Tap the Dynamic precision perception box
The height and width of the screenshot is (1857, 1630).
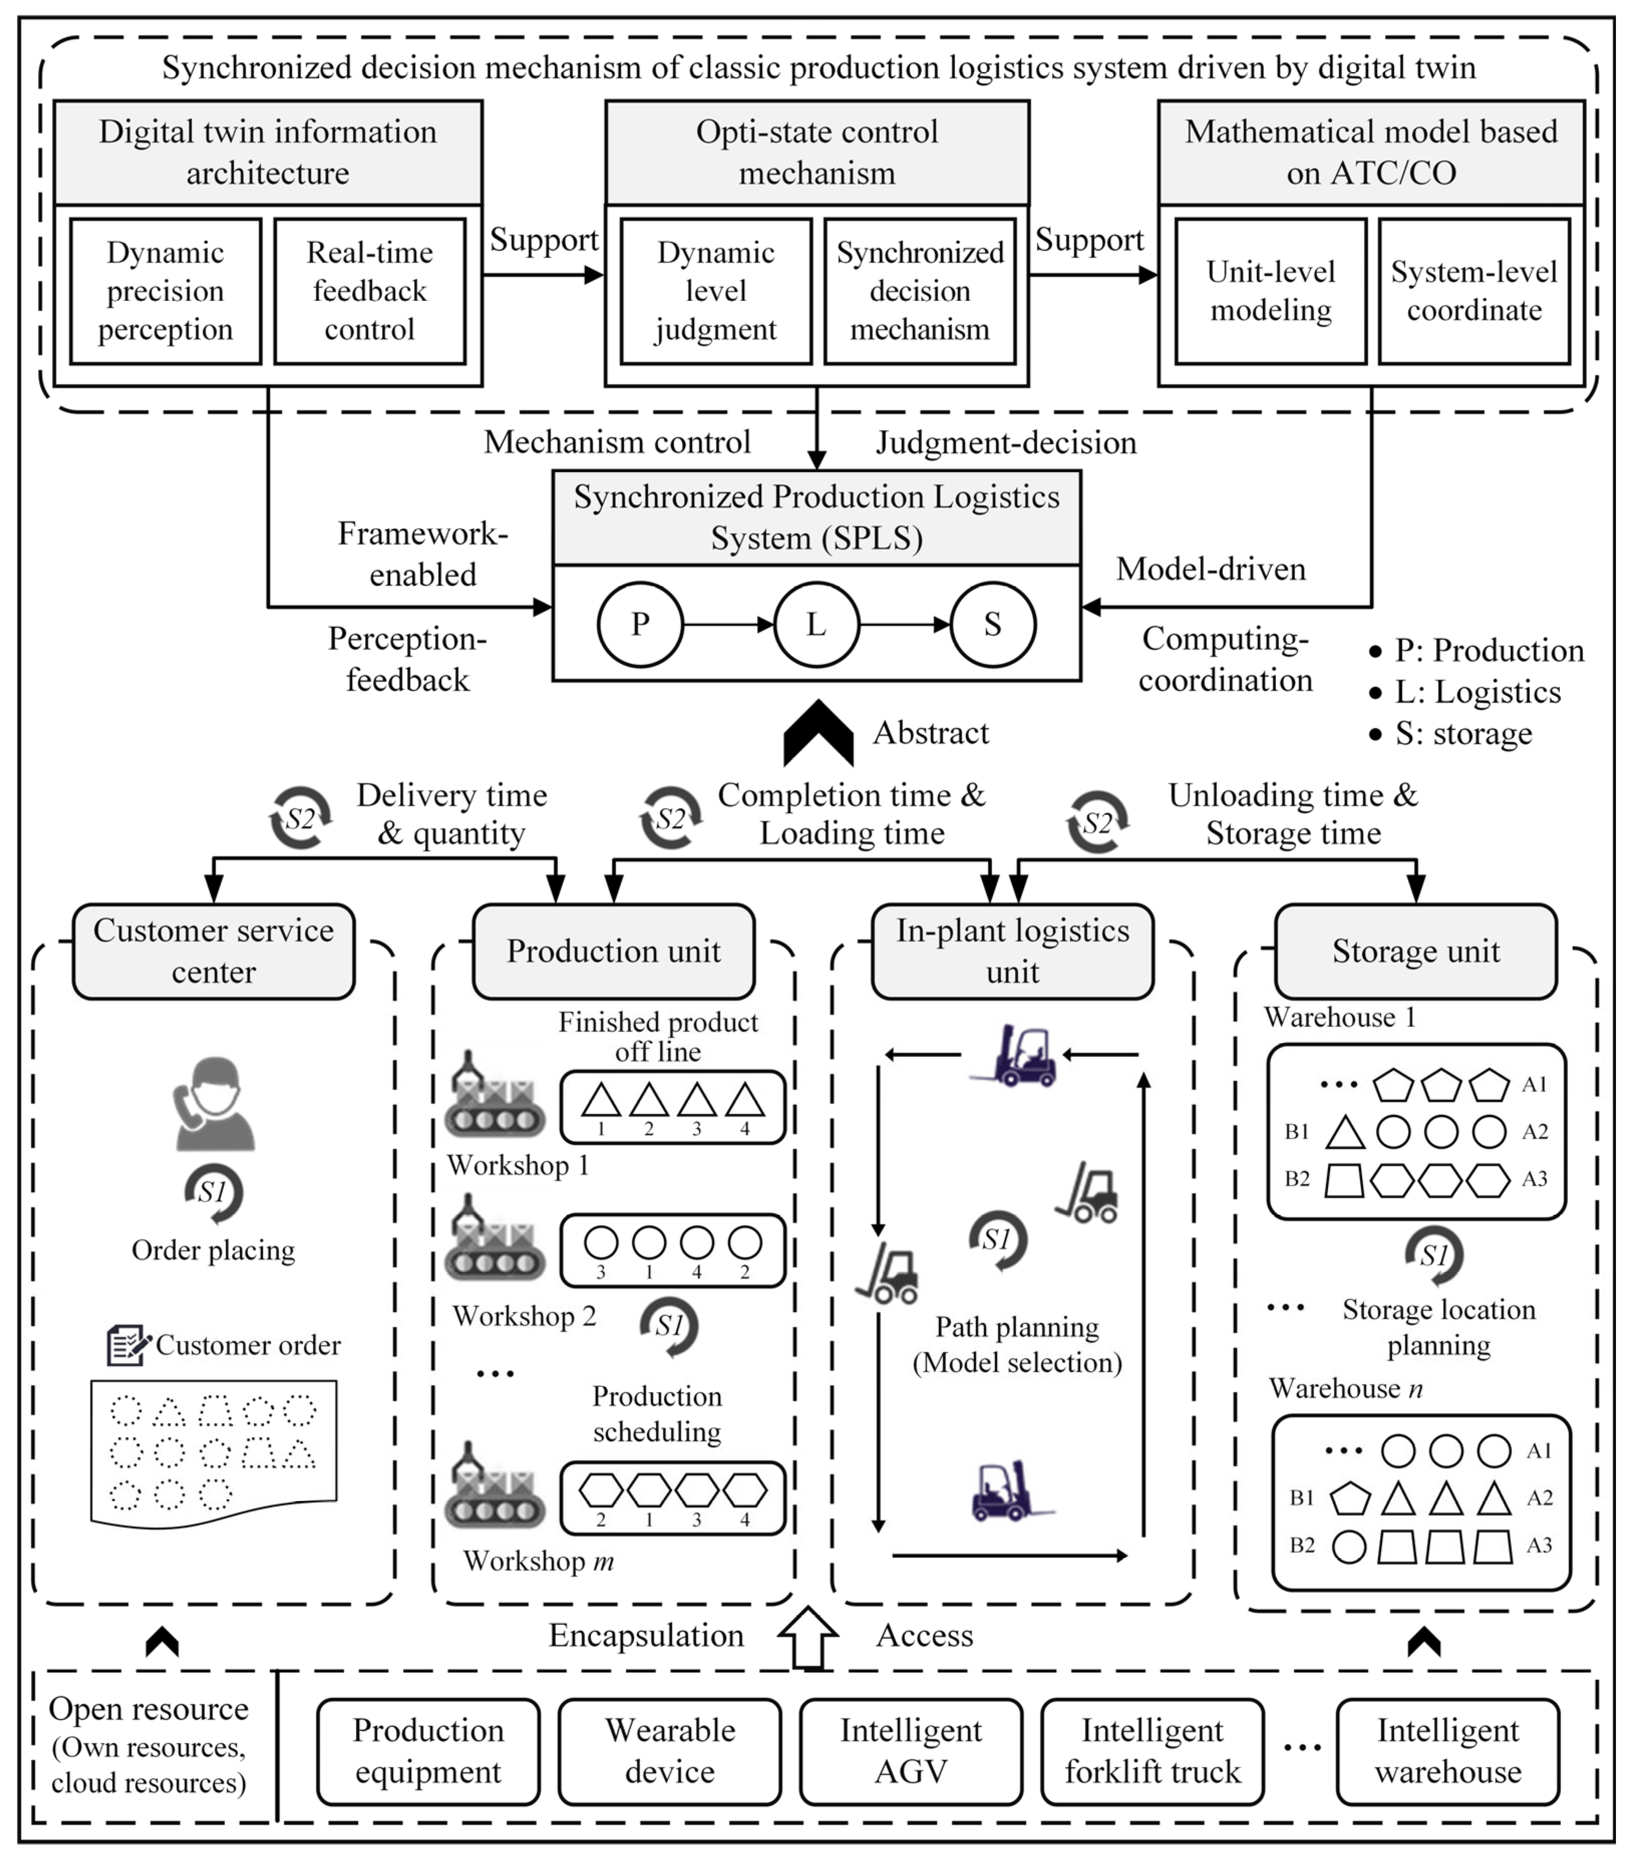[165, 291]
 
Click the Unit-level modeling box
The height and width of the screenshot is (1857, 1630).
[1270, 291]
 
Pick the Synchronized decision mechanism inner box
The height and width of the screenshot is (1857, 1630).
[920, 291]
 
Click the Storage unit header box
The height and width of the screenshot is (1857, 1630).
[1415, 951]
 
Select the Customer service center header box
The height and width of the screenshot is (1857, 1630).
[214, 951]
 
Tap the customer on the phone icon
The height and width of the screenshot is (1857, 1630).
[214, 1103]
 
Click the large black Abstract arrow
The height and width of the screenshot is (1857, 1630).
[818, 734]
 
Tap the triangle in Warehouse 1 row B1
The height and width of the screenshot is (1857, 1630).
[1345, 1133]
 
